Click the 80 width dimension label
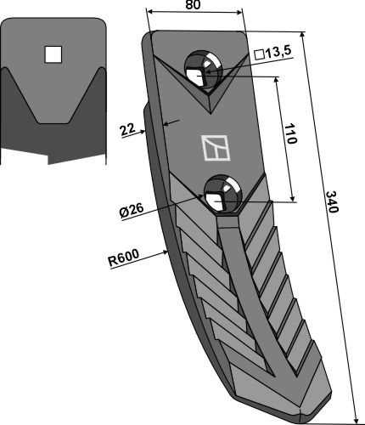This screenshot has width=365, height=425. pyautogui.click(x=194, y=5)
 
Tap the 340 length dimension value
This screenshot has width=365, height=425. pyautogui.click(x=332, y=202)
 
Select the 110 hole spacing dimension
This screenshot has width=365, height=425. pyautogui.click(x=290, y=133)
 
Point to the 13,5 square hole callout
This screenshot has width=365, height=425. pyautogui.click(x=273, y=53)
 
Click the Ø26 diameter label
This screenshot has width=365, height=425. pyautogui.click(x=132, y=211)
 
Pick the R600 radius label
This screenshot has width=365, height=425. pyautogui.click(x=124, y=258)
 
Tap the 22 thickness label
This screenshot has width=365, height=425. pyautogui.click(x=127, y=131)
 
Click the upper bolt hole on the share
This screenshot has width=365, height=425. pyautogui.click(x=203, y=71)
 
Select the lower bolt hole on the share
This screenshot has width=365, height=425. pyautogui.click(x=223, y=194)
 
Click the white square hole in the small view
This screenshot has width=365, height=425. pyautogui.click(x=53, y=54)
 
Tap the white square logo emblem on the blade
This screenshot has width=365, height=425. pyautogui.click(x=216, y=148)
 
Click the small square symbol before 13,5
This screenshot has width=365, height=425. pyautogui.click(x=260, y=54)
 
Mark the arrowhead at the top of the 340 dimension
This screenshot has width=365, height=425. pyautogui.click(x=302, y=35)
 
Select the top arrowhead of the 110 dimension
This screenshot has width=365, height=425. pyautogui.click(x=277, y=80)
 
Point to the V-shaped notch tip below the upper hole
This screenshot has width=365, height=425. pyautogui.click(x=211, y=113)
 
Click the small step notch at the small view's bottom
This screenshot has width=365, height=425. pyautogui.click(x=48, y=159)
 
